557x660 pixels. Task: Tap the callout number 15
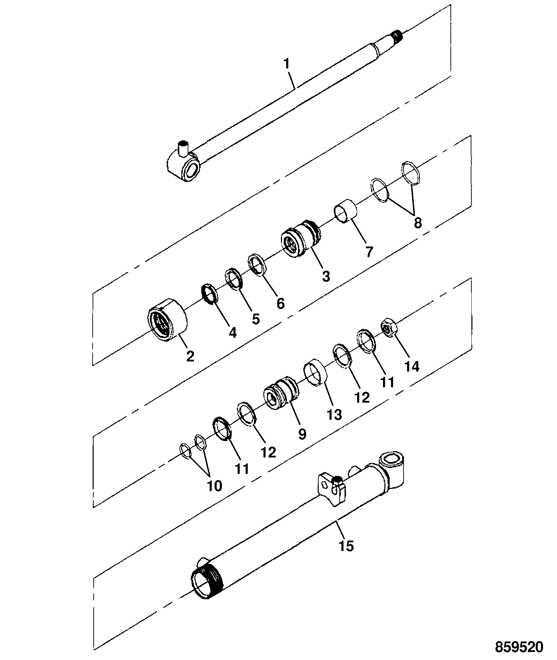point(346,545)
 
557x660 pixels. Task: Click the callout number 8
point(418,222)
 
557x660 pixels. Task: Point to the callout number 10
point(215,485)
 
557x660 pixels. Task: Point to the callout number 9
point(302,434)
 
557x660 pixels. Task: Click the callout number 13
point(334,415)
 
